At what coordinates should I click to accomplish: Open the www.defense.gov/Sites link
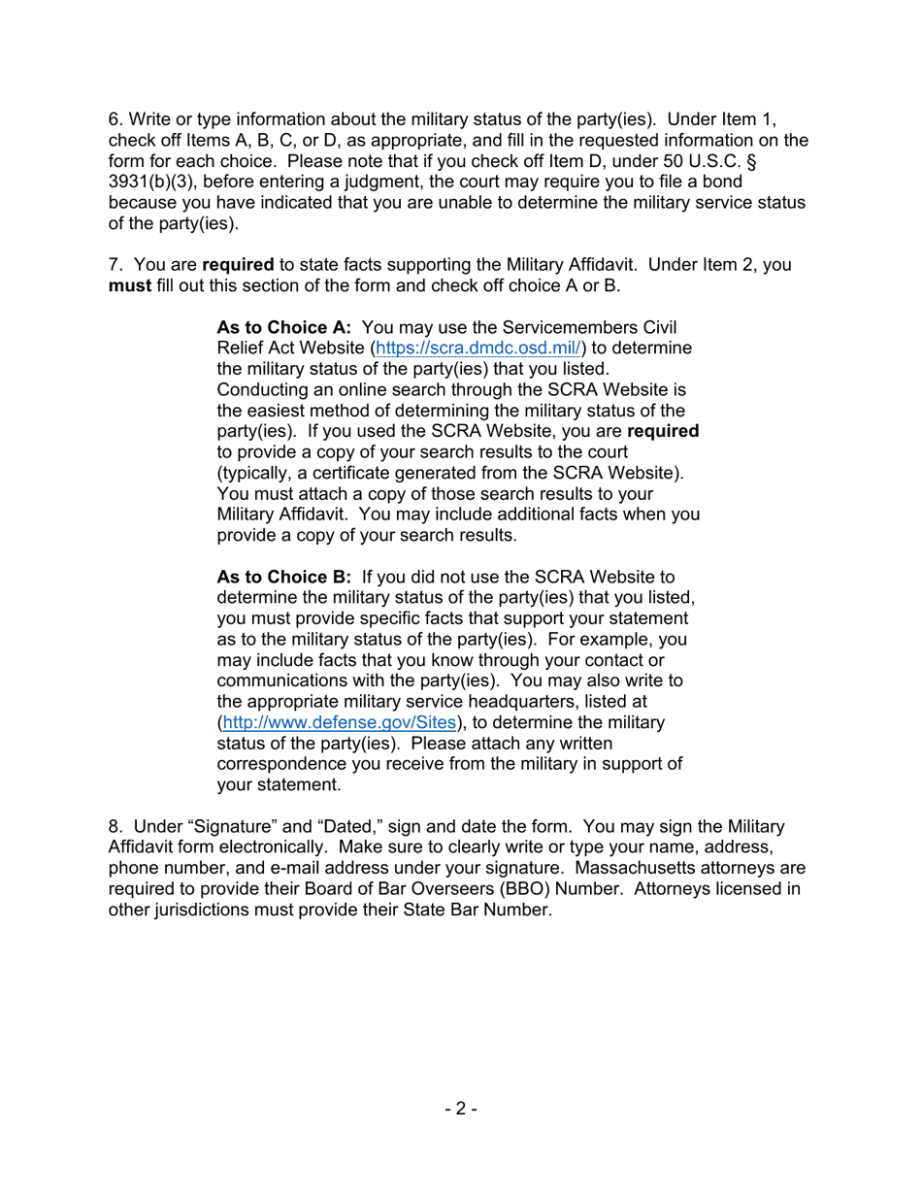point(339,722)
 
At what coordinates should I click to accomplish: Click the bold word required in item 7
point(238,264)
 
